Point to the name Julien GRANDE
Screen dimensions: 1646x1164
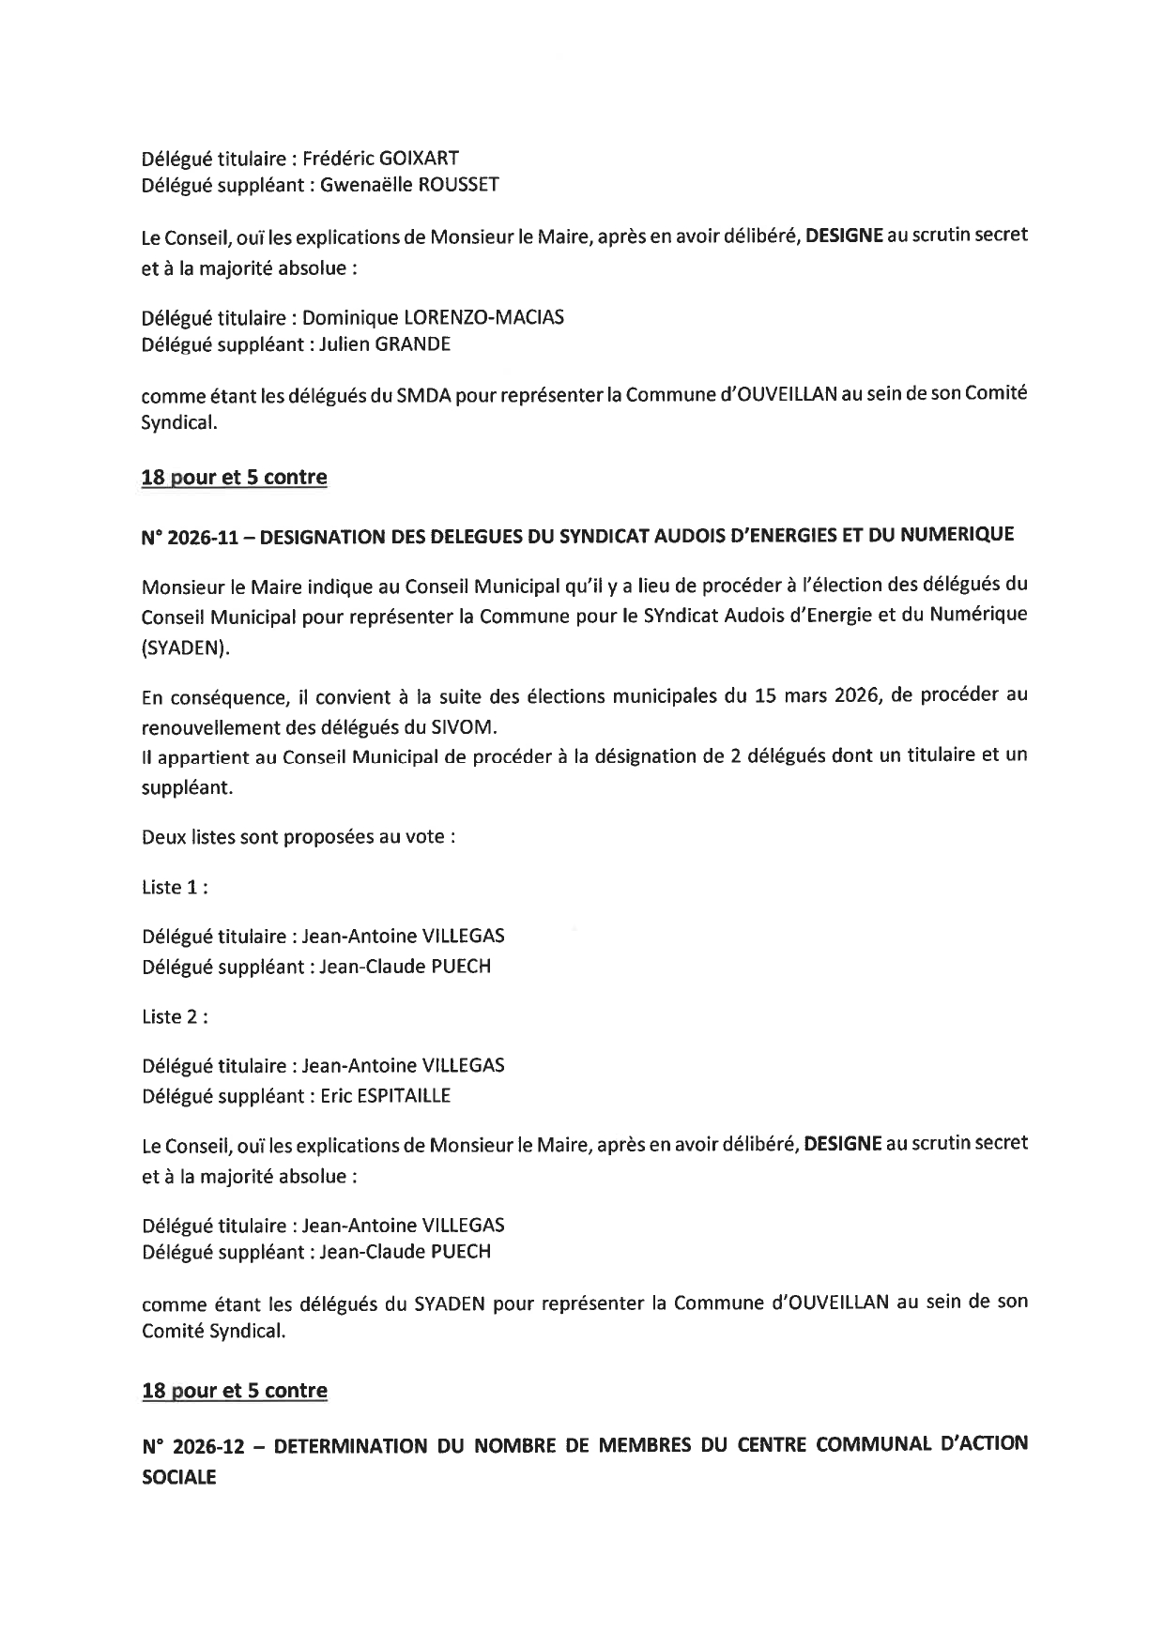click(385, 344)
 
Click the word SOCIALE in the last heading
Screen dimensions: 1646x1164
click(178, 1476)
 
